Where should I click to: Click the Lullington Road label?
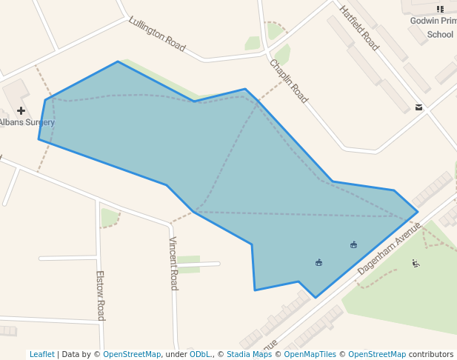click(156, 34)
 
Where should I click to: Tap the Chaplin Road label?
click(288, 81)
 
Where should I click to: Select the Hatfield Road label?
click(359, 28)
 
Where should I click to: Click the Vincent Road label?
click(173, 263)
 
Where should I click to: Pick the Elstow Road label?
click(100, 295)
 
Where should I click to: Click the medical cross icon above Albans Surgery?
click(21, 110)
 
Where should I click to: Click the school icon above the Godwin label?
click(441, 10)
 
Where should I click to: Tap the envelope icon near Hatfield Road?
click(419, 107)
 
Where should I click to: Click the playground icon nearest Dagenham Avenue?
click(353, 244)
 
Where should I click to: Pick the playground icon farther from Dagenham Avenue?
click(318, 262)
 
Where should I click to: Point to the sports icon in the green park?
click(416, 263)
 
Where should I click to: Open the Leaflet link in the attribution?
click(41, 354)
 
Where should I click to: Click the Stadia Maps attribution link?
click(249, 354)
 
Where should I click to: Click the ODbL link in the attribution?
click(200, 354)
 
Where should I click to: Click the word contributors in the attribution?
click(430, 354)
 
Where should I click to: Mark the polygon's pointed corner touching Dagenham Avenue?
click(418, 212)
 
